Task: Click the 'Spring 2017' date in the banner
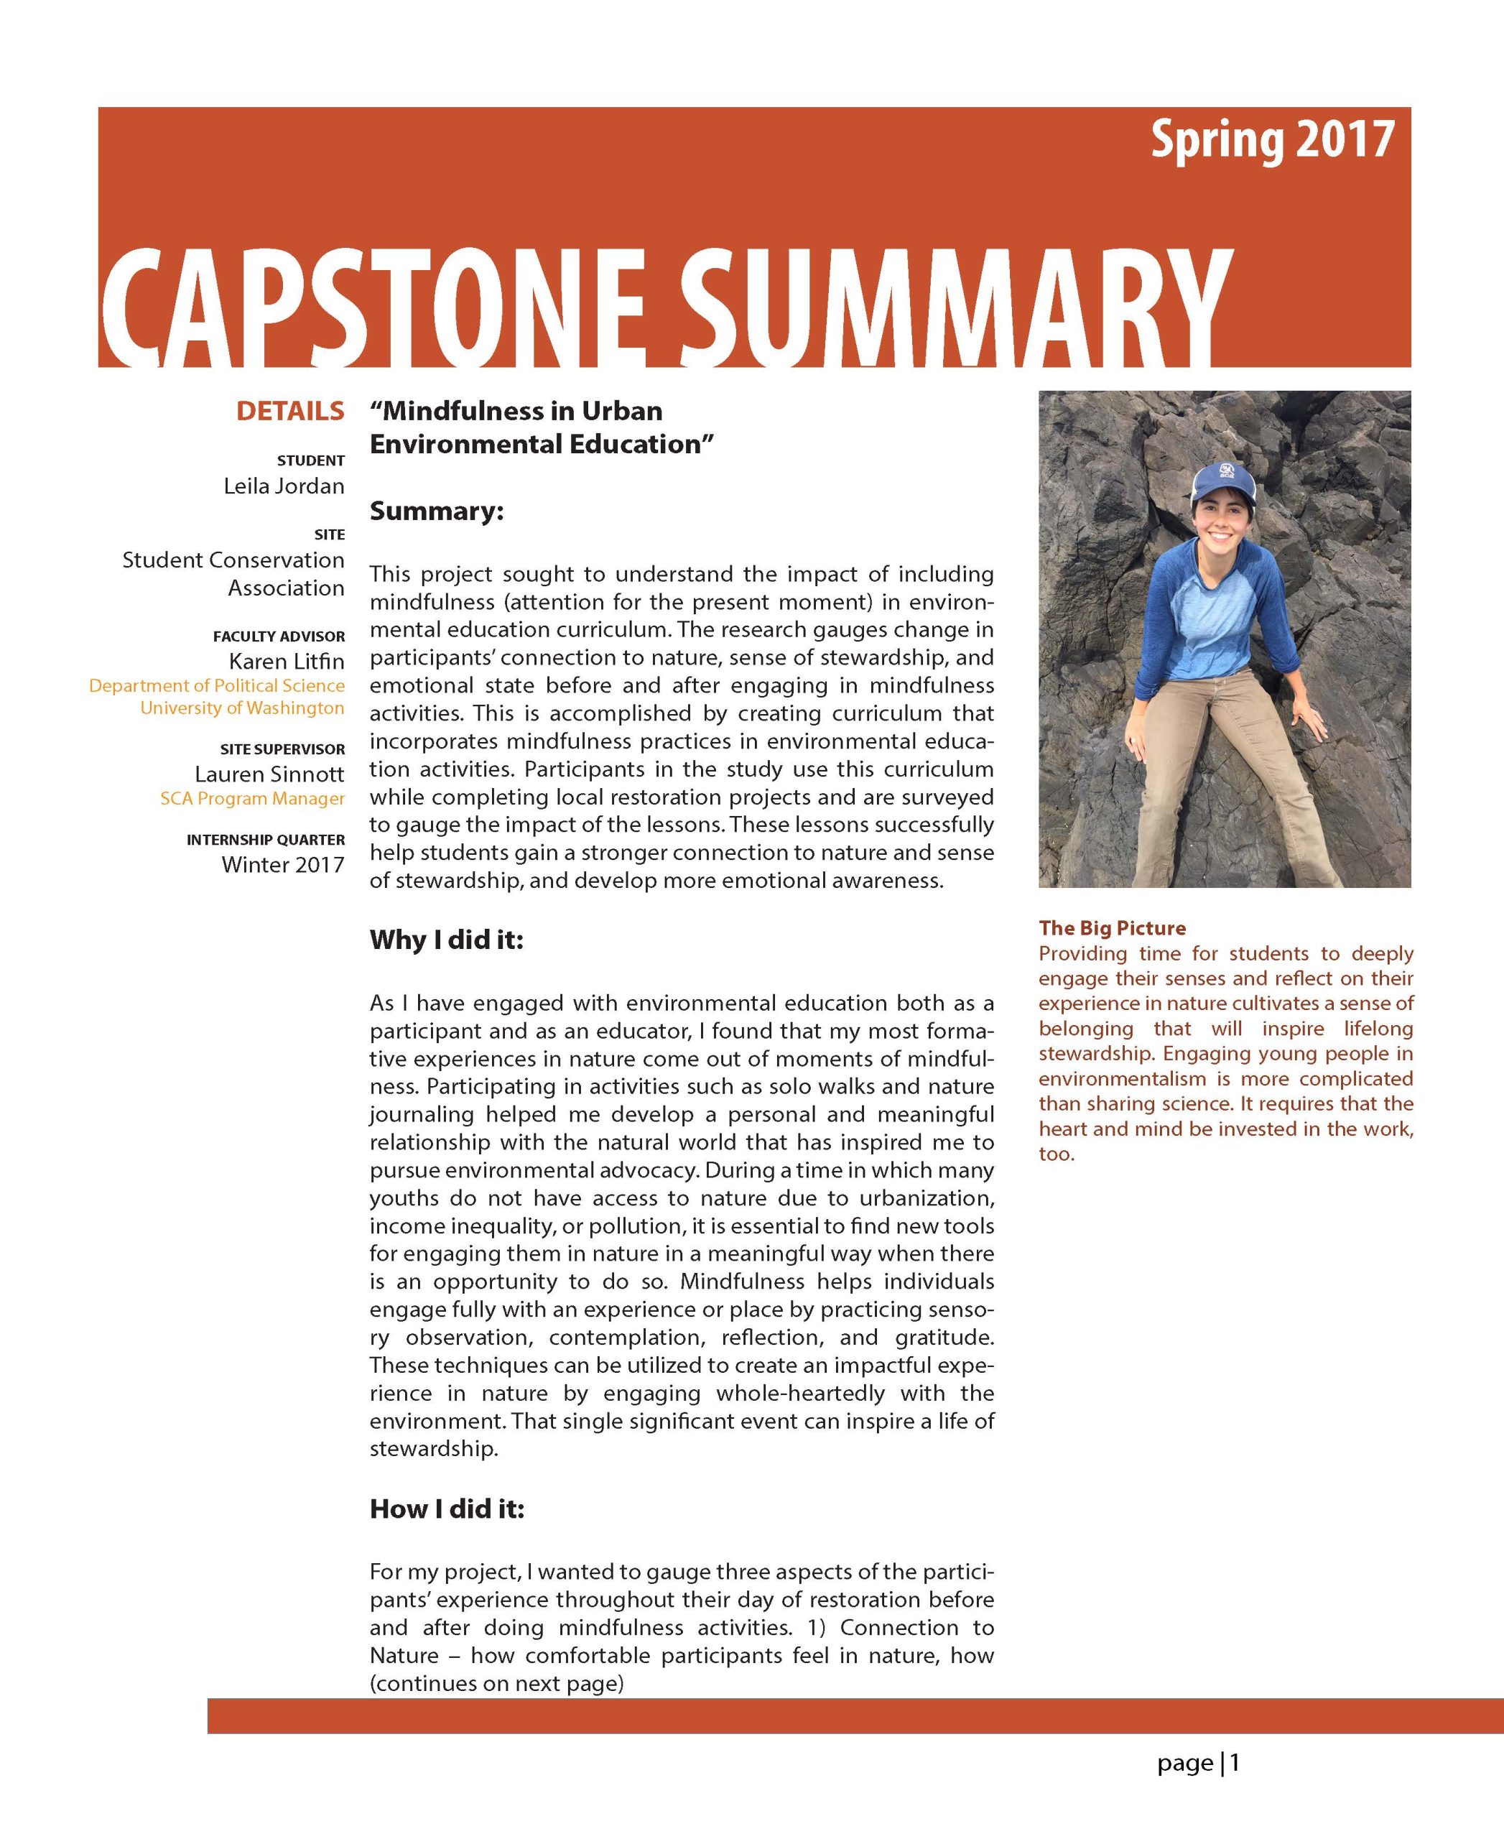1272,140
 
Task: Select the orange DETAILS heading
290,411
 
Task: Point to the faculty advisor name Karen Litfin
286,661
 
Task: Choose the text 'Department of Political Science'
217,685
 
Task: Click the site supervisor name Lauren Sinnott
269,774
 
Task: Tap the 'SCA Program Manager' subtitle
252,798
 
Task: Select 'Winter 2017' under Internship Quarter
282,864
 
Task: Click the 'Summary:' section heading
437,511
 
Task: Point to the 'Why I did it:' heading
446,940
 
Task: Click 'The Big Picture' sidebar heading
1113,928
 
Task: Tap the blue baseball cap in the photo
1223,481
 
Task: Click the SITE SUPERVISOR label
282,749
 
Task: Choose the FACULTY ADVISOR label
278,636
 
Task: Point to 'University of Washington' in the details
242,708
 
